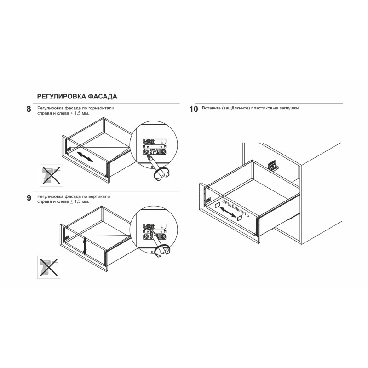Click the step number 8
click(x=29, y=109)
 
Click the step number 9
click(x=29, y=198)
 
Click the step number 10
click(x=194, y=109)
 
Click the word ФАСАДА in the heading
click(x=103, y=97)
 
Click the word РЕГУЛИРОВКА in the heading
click(x=62, y=97)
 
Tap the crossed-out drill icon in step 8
click(x=52, y=175)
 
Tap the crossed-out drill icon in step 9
click(x=49, y=267)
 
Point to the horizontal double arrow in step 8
click(x=85, y=157)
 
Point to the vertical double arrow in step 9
click(x=85, y=246)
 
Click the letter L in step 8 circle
click(x=161, y=142)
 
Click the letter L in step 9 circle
click(x=161, y=227)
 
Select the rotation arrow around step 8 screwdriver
click(x=161, y=174)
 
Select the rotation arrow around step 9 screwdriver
click(x=161, y=251)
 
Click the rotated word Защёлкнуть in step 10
click(x=235, y=208)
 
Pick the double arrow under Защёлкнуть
click(x=228, y=212)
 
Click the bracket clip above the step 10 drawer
click(x=273, y=165)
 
